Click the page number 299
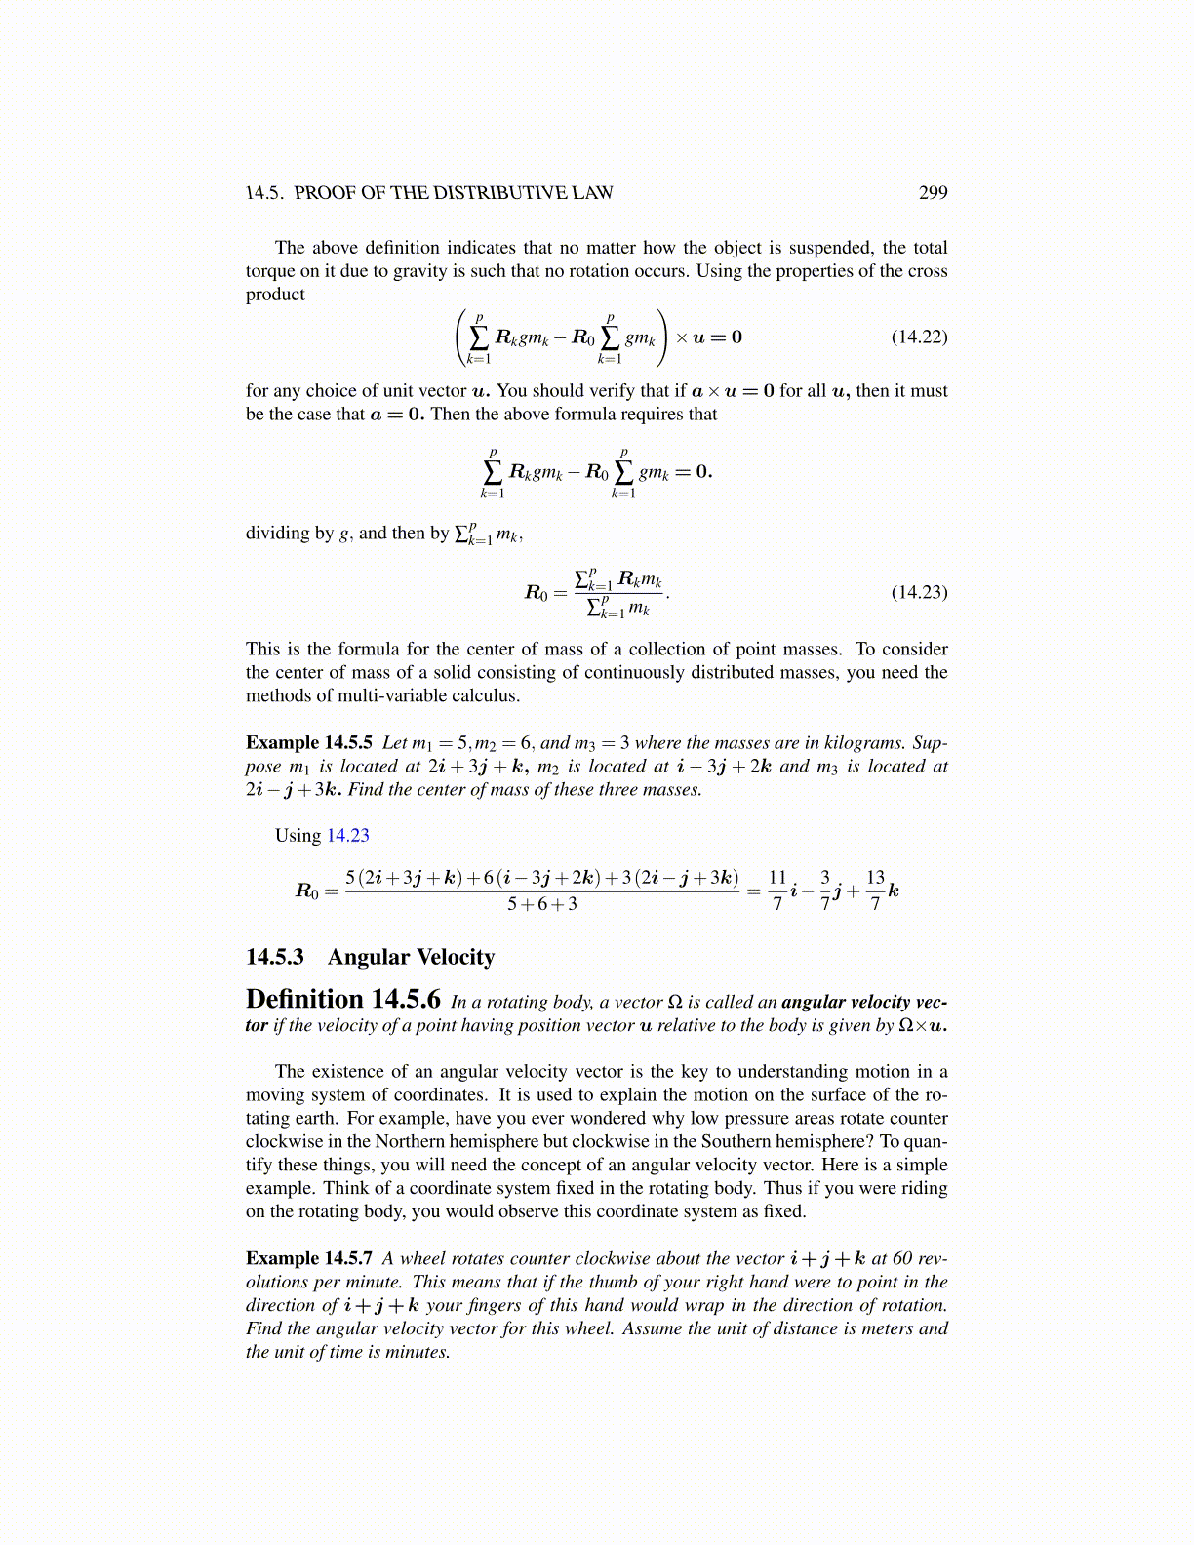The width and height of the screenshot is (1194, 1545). coord(933,192)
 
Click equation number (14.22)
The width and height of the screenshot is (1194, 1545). coord(919,337)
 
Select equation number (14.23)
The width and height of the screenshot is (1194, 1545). coord(919,592)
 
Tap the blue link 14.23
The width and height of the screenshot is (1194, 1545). coord(347,835)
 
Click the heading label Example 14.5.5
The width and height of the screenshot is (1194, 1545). coord(308,742)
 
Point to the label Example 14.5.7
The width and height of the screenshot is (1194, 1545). coord(308,1258)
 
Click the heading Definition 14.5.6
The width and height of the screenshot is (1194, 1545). coord(342,1000)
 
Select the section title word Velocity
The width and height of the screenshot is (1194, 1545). coord(454,957)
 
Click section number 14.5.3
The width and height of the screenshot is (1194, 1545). coord(274,957)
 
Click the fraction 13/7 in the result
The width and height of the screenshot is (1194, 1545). coord(875,891)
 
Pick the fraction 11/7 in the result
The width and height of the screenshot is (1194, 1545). coord(777,891)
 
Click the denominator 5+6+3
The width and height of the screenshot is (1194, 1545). coord(541,904)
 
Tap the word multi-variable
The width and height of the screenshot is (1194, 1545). coord(401,695)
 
